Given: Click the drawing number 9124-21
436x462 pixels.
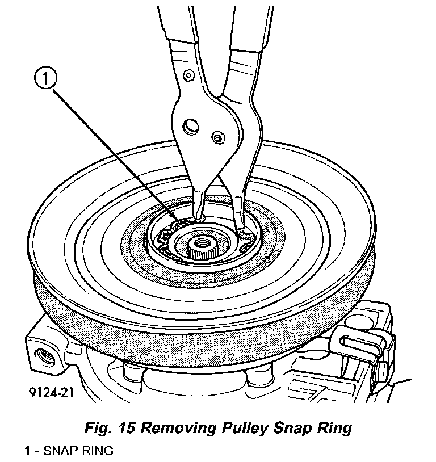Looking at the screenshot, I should pos(48,391).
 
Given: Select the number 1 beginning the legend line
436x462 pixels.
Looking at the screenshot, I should pos(27,451).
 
